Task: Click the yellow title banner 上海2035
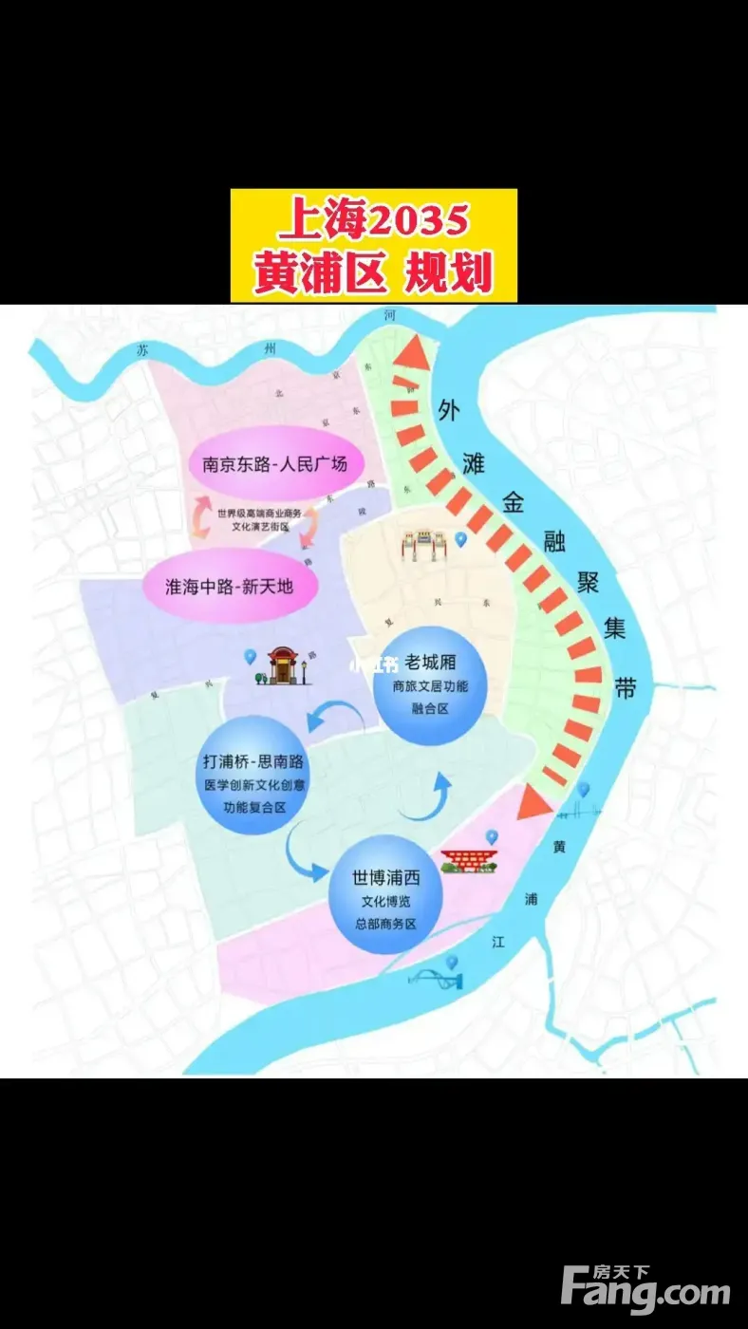pyautogui.click(x=373, y=245)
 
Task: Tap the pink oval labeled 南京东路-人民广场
pyautogui.click(x=274, y=464)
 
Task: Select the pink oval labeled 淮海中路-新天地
pyautogui.click(x=230, y=586)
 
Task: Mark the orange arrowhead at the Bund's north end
pyautogui.click(x=410, y=352)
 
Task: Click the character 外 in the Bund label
pyautogui.click(x=449, y=409)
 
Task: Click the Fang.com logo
pyautogui.click(x=645, y=1288)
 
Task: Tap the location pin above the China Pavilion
pyautogui.click(x=492, y=836)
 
